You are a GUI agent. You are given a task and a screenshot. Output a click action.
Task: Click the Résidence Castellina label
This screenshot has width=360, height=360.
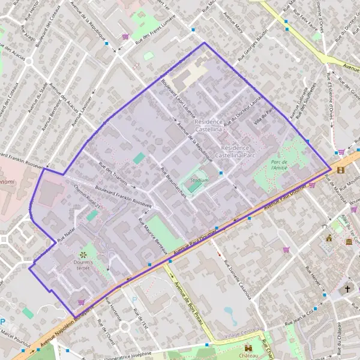[x=209, y=125]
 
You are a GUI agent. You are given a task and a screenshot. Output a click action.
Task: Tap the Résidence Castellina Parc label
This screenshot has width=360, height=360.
[x=239, y=151]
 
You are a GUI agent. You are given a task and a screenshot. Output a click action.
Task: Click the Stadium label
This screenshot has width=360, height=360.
[x=199, y=180]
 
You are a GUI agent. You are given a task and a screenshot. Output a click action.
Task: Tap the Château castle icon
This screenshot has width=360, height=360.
[x=248, y=348]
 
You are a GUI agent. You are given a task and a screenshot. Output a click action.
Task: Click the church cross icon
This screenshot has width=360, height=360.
[x=347, y=289]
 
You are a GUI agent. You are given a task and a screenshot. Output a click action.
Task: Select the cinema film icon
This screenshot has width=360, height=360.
[x=341, y=170]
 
